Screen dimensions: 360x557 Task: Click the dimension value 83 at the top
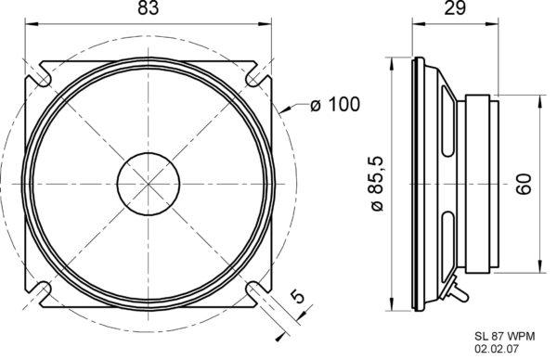click(148, 10)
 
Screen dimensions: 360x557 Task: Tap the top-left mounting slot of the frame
click(41, 71)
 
